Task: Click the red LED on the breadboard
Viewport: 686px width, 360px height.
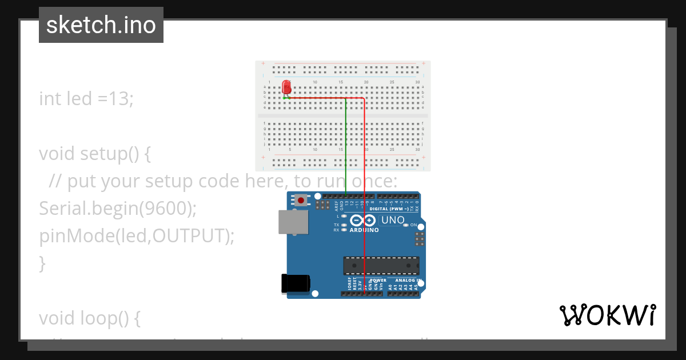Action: click(286, 87)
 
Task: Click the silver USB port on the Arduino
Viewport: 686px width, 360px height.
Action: click(293, 222)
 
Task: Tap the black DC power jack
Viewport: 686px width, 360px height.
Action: click(295, 284)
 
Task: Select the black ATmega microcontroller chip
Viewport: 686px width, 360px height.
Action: click(381, 266)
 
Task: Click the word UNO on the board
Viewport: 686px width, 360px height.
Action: click(393, 220)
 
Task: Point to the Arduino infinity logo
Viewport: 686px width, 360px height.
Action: click(363, 221)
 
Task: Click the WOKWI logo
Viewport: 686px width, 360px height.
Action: click(607, 315)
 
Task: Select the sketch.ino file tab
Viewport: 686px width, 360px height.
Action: click(101, 25)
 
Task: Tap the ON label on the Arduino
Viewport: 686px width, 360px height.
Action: click(414, 225)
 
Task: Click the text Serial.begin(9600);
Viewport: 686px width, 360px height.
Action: click(118, 209)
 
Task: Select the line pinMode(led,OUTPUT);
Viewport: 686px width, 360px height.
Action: click(137, 235)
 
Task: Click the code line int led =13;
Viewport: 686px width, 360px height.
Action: click(86, 98)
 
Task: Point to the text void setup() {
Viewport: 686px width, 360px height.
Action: click(94, 154)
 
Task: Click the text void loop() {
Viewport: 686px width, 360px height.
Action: click(90, 318)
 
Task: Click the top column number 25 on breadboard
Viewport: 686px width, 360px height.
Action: click(392, 82)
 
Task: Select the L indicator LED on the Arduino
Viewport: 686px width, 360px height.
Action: click(344, 217)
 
